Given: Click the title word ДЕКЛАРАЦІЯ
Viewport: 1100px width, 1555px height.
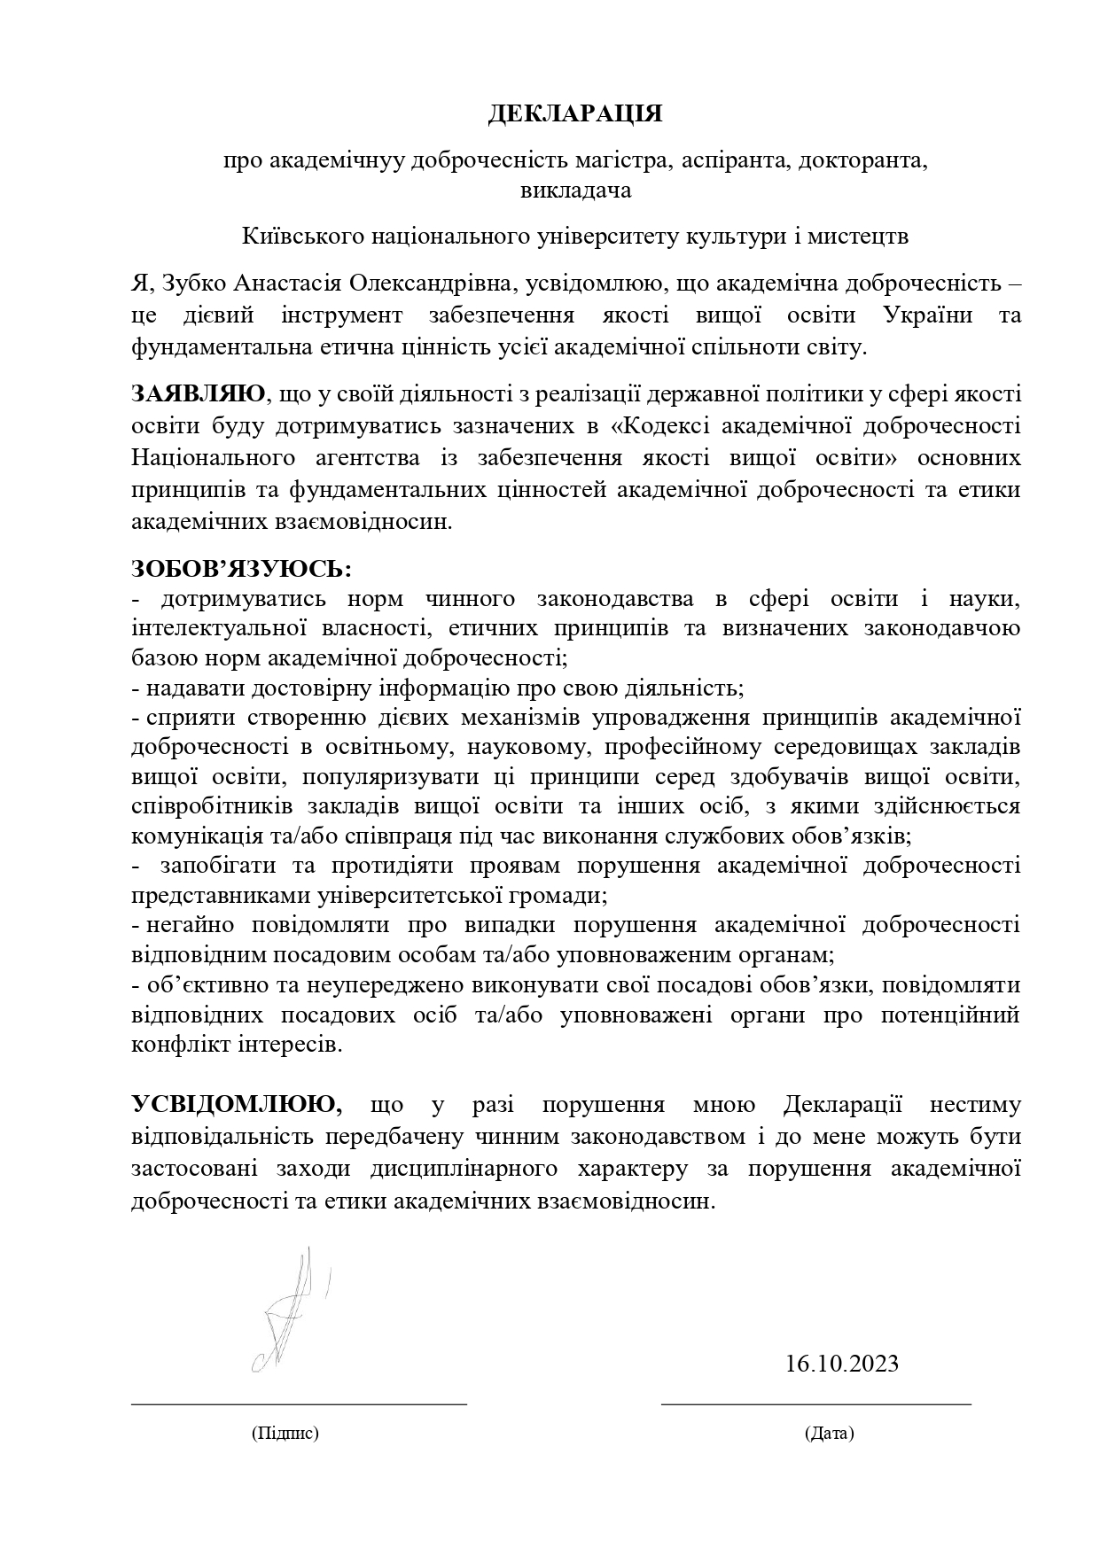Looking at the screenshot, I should [x=575, y=114].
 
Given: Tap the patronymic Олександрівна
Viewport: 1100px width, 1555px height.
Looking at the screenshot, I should [x=432, y=284].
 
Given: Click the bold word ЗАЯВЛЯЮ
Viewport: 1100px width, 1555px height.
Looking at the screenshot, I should [x=198, y=393].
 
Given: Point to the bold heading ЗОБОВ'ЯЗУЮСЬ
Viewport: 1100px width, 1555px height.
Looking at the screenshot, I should [x=241, y=566].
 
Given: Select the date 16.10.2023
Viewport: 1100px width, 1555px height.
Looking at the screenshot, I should [x=841, y=1363].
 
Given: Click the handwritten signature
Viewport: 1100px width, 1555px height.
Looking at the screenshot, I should [x=288, y=1312].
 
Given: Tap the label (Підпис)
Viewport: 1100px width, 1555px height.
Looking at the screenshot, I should [x=285, y=1434].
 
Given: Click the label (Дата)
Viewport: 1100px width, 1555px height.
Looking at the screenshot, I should [x=829, y=1434].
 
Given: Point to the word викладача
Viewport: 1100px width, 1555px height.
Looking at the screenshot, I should [x=575, y=190].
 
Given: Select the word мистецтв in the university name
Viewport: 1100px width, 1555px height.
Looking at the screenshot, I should [x=865, y=237].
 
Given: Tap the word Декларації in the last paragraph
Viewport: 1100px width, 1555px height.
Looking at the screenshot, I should [x=841, y=1105].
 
